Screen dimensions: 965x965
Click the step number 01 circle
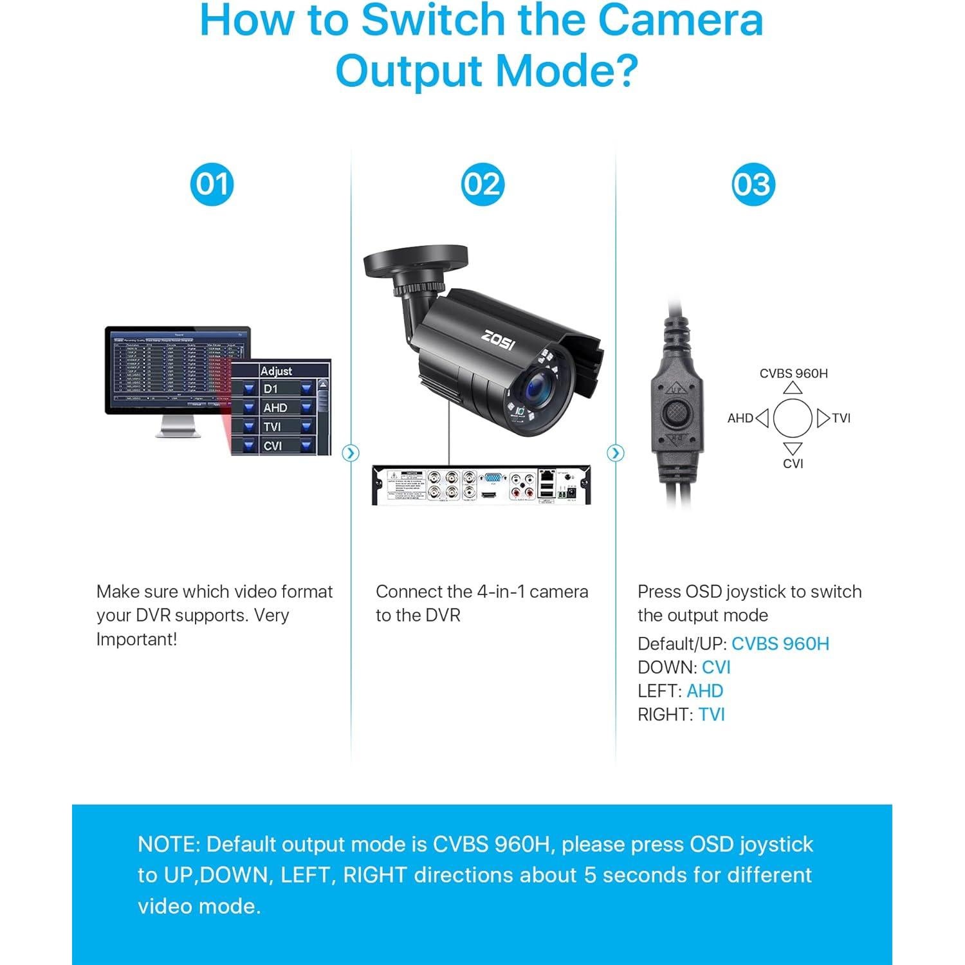212,184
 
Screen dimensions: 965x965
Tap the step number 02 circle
482,184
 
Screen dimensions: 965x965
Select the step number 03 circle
753,184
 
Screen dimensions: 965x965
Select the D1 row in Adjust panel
277,389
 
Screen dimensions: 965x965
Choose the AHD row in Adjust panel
277,407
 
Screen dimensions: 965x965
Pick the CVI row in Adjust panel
277,445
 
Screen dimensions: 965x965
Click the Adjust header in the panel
276,371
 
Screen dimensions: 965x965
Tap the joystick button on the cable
675,414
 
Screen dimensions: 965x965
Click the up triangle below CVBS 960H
793,387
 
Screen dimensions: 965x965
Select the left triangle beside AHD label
762,418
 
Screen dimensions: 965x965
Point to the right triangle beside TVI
823,418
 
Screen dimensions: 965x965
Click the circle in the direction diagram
793,418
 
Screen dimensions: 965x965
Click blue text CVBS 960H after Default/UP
780,643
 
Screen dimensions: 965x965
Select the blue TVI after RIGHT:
712,714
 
